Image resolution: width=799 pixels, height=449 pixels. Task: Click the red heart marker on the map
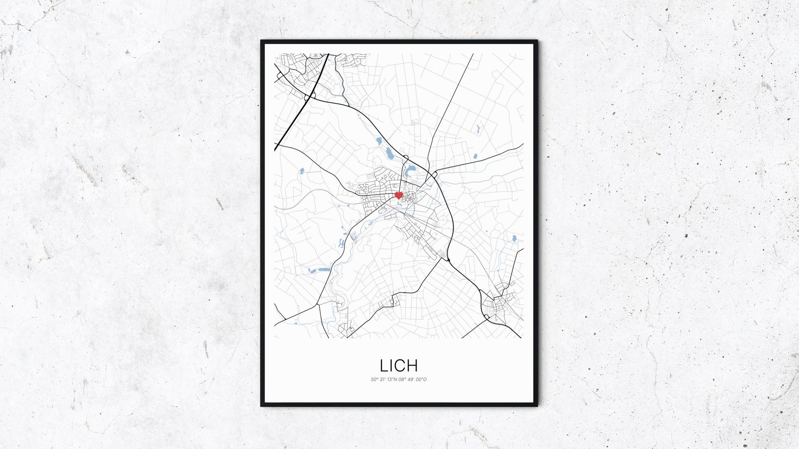398,195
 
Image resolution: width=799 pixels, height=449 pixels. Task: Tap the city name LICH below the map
399,365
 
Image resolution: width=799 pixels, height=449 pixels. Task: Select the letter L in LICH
384,365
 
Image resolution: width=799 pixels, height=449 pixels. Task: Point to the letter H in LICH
412,365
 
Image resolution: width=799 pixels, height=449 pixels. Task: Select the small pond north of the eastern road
475,157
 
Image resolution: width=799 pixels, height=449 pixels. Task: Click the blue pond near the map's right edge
514,239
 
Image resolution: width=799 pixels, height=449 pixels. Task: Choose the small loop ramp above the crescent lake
406,157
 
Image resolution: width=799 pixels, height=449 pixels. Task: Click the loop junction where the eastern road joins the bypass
435,174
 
